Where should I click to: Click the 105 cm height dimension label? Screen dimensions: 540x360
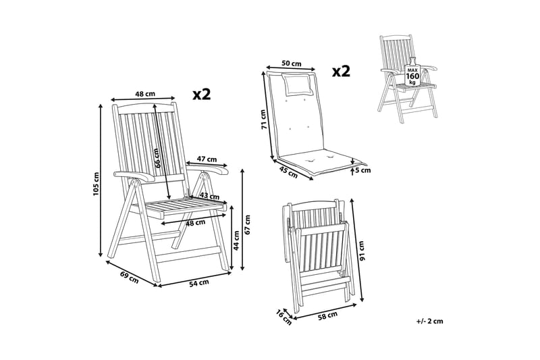[96, 184]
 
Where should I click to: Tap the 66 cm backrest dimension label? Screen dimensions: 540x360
[157, 158]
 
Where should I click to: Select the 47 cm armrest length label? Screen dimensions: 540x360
[207, 159]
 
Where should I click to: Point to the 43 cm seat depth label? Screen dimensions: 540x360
[209, 197]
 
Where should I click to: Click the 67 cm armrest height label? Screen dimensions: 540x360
[248, 225]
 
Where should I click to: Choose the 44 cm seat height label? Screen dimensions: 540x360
[236, 240]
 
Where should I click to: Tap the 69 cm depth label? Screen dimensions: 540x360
[129, 278]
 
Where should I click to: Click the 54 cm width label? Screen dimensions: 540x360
[199, 283]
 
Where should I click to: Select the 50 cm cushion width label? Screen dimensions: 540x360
[292, 63]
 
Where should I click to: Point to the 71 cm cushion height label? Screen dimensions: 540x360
[264, 119]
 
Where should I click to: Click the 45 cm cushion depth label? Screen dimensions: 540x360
[288, 172]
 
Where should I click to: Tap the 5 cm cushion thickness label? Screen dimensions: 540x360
[364, 170]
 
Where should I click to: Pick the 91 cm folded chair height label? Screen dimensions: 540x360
[360, 251]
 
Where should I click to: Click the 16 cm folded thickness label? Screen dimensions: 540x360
[283, 317]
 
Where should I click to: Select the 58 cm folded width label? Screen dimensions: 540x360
[327, 315]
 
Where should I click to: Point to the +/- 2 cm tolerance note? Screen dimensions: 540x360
[429, 322]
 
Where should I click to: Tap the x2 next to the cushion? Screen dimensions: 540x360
[341, 72]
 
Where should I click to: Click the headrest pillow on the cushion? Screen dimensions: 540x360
[298, 84]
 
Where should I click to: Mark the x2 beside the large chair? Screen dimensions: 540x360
[201, 94]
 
